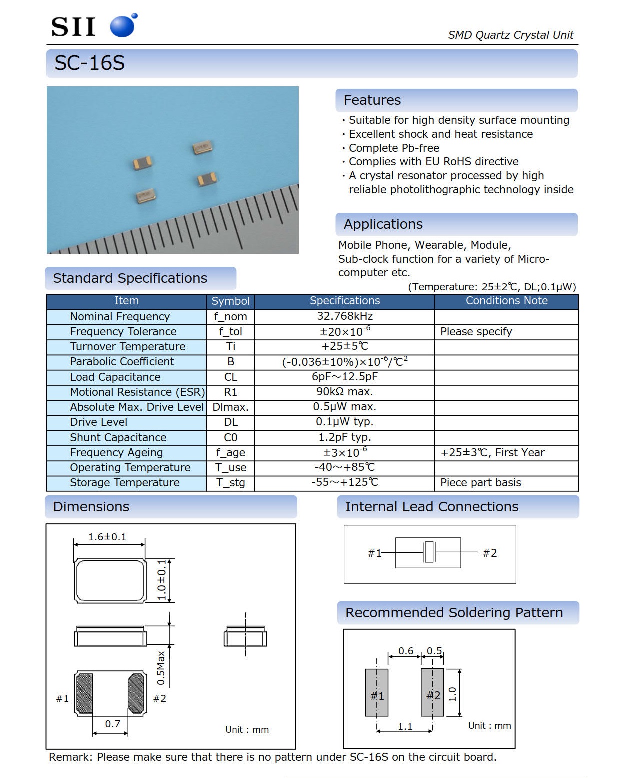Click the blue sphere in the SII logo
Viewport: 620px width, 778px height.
tap(122, 26)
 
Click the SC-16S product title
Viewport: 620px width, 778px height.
tap(89, 63)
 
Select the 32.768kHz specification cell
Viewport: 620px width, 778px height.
tap(344, 316)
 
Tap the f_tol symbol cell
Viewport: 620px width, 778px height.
tap(230, 331)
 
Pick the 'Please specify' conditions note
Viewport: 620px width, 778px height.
tap(476, 332)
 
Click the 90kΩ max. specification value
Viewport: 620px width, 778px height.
tap(344, 392)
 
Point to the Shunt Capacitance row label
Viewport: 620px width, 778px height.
tap(118, 437)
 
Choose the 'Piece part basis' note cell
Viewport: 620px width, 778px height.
tap(480, 483)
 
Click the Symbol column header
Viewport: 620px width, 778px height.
tap(230, 301)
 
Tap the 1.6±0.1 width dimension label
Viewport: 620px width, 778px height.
tap(107, 537)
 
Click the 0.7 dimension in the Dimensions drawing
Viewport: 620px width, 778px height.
tap(112, 724)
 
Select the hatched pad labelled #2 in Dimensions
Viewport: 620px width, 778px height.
tap(136, 693)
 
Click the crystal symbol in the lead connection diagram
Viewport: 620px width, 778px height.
tap(429, 552)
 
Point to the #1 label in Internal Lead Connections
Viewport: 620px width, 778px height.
tap(374, 553)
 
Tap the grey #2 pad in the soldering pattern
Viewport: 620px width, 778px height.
tap(432, 692)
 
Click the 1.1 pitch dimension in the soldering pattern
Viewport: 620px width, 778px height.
tap(405, 726)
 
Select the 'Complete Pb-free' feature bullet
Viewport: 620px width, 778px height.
tap(394, 148)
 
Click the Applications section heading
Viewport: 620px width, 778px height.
tap(383, 224)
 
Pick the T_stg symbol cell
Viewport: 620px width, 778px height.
tap(230, 483)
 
